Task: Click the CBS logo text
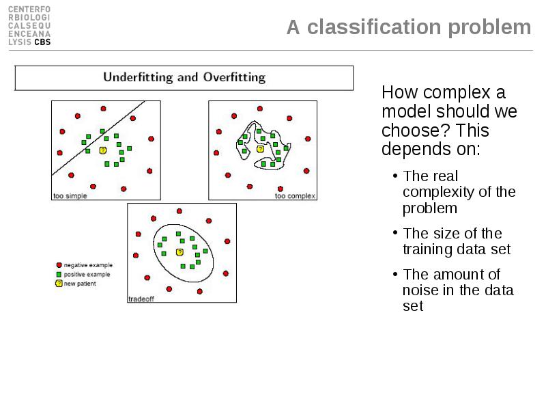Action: pyautogui.click(x=42, y=42)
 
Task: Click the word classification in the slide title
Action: pyautogui.click(x=374, y=27)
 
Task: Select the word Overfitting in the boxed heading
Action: pyautogui.click(x=234, y=77)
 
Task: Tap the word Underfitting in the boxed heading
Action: pyautogui.click(x=138, y=77)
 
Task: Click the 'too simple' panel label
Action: pyautogui.click(x=70, y=196)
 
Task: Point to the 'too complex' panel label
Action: pyautogui.click(x=295, y=196)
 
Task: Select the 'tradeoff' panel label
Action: pyautogui.click(x=141, y=299)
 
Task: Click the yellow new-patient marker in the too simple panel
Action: pyautogui.click(x=103, y=150)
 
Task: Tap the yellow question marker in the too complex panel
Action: pyautogui.click(x=260, y=149)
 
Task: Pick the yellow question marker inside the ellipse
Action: pyautogui.click(x=179, y=252)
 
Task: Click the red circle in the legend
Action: pyautogui.click(x=59, y=265)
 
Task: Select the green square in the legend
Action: pyautogui.click(x=59, y=275)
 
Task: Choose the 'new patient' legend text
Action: pyautogui.click(x=80, y=284)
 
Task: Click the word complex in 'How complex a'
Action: pyautogui.click(x=457, y=93)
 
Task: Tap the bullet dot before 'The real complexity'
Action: pyautogui.click(x=395, y=176)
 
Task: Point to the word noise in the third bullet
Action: pyautogui.click(x=420, y=290)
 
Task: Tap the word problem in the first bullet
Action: pyautogui.click(x=430, y=208)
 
